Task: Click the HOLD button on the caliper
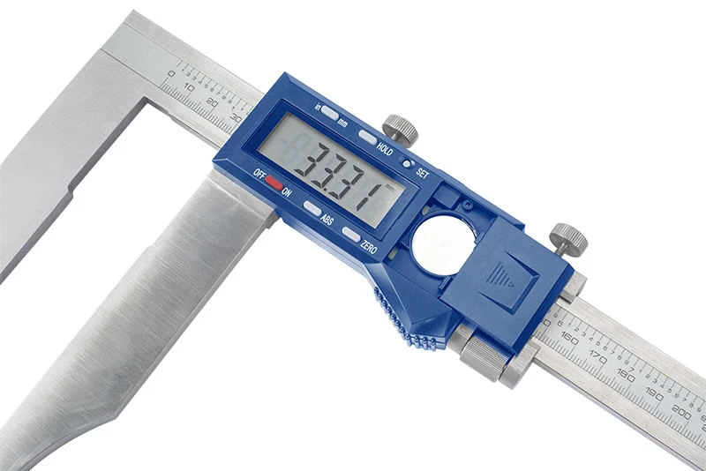[367, 138]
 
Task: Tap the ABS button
[312, 208]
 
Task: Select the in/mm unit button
[329, 113]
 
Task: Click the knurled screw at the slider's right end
[569, 237]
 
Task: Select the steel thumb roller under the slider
[484, 356]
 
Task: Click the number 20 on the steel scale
[213, 102]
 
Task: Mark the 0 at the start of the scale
[171, 74]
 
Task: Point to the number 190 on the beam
[652, 392]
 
